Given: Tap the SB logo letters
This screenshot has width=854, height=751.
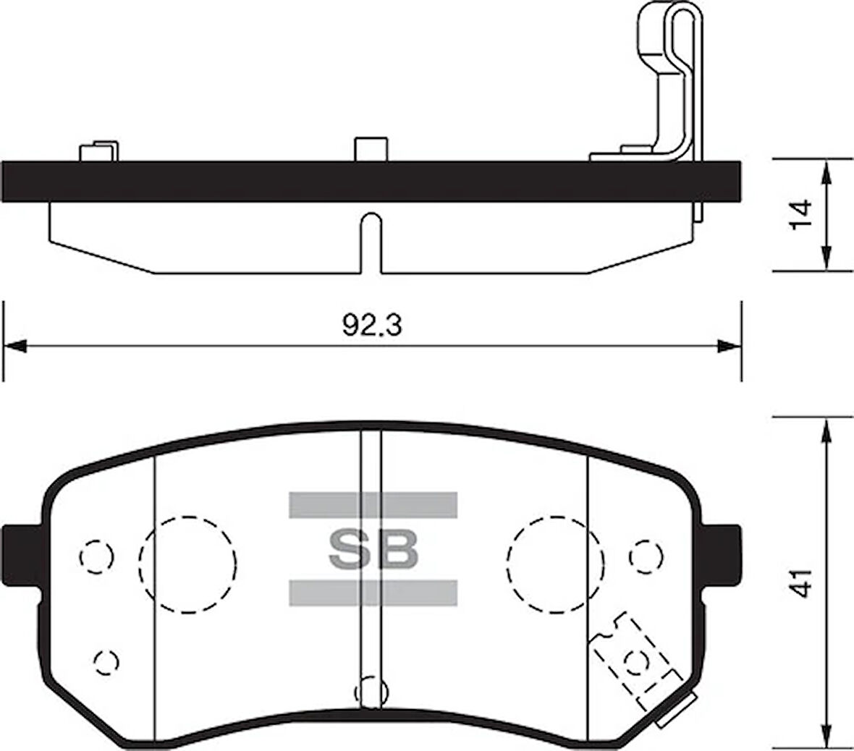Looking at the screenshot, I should [x=373, y=551].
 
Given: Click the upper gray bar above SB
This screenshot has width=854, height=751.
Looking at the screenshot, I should [x=373, y=504].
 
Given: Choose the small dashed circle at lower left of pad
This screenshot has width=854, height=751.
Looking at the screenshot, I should [x=106, y=660].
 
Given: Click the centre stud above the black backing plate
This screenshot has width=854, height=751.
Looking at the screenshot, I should [x=371, y=148].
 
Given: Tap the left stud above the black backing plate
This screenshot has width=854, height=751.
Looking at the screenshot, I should [x=97, y=151].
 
